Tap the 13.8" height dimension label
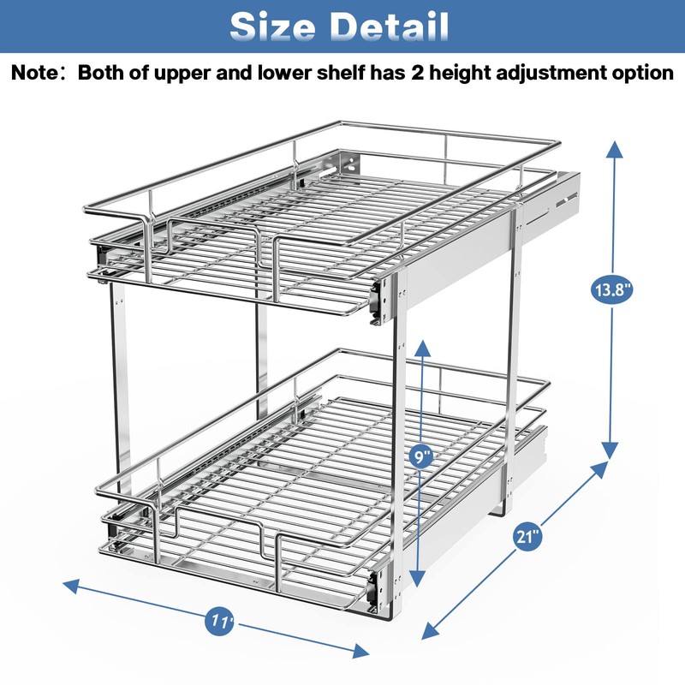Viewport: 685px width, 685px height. pyautogui.click(x=612, y=291)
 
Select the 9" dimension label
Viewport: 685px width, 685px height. pyautogui.click(x=422, y=456)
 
